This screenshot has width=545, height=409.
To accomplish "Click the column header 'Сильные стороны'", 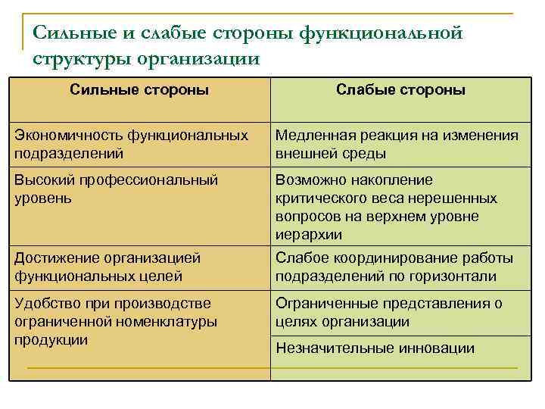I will pos(139,90).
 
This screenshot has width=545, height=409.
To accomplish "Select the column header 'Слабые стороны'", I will pos(400,90).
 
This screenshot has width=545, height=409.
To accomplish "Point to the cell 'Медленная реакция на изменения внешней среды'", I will pos(397,144).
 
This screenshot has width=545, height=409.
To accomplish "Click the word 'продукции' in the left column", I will pos(51,339).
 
